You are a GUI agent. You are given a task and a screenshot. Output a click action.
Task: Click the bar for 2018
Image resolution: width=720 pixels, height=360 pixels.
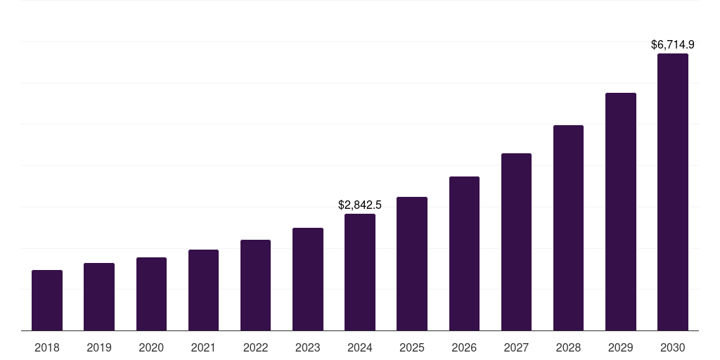click(x=47, y=300)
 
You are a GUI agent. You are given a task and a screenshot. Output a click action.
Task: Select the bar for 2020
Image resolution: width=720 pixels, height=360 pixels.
click(x=151, y=294)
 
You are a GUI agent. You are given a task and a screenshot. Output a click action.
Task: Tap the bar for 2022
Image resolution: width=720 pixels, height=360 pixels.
click(x=255, y=285)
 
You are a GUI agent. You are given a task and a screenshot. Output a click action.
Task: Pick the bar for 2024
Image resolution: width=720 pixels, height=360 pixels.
click(x=360, y=272)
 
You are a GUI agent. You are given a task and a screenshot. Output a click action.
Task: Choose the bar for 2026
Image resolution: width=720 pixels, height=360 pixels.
click(x=464, y=253)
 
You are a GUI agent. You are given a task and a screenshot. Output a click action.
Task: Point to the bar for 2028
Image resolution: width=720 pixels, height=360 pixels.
click(x=568, y=228)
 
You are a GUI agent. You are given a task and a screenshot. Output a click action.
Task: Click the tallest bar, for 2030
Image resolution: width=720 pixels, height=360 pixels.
click(x=673, y=192)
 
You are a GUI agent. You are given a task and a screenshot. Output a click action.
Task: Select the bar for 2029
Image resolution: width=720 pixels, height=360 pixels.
click(x=621, y=212)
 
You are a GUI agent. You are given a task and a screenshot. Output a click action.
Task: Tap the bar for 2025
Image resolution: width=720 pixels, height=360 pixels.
click(x=412, y=264)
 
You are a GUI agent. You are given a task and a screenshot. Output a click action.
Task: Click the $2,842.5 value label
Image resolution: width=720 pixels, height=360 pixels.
click(x=360, y=205)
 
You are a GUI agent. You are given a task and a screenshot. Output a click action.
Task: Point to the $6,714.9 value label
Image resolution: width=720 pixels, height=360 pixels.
click(x=673, y=45)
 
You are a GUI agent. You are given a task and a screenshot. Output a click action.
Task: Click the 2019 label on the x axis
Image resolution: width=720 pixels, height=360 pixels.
click(x=99, y=347)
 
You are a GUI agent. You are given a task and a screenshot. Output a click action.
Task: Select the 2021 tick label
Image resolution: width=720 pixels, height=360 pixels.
click(x=203, y=347)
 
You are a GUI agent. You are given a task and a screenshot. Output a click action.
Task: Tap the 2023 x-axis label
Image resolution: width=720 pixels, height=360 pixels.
click(x=308, y=347)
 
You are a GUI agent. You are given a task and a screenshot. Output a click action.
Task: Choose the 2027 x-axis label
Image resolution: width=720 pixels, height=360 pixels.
click(x=516, y=347)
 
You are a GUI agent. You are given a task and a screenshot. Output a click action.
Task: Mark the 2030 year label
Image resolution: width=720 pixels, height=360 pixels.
click(x=673, y=347)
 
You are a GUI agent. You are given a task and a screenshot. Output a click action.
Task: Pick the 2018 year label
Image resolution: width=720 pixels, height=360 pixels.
click(x=47, y=347)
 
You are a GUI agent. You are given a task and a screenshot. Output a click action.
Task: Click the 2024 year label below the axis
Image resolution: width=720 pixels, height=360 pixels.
click(x=360, y=347)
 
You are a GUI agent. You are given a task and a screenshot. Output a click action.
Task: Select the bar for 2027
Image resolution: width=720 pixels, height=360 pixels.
click(x=516, y=242)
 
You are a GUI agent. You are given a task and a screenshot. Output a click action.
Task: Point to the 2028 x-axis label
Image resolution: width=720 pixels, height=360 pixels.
click(x=568, y=347)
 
